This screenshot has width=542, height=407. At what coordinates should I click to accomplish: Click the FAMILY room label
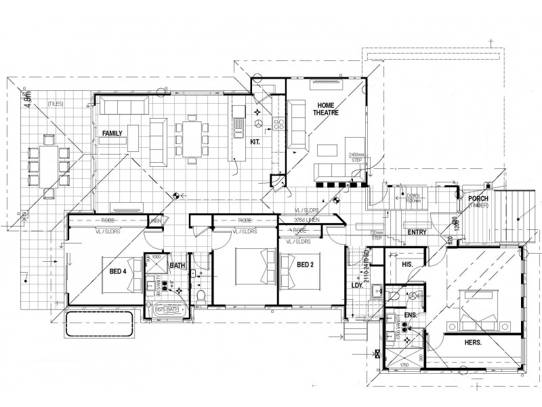112,134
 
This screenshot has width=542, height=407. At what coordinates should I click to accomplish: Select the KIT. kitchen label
255,142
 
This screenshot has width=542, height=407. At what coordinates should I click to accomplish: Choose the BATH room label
178,265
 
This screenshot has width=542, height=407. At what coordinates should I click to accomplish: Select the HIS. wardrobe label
408,264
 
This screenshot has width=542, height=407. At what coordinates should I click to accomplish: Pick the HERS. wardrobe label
472,343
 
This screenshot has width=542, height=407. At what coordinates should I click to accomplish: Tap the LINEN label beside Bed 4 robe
157,222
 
